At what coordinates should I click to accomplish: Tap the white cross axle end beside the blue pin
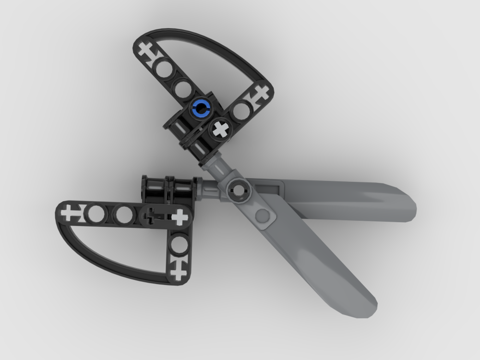(220, 128)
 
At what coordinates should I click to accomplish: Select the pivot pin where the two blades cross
(238, 190)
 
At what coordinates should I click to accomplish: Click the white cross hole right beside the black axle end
(180, 217)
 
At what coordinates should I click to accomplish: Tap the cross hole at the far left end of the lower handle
(70, 212)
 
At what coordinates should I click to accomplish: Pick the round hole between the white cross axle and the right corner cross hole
(240, 111)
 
